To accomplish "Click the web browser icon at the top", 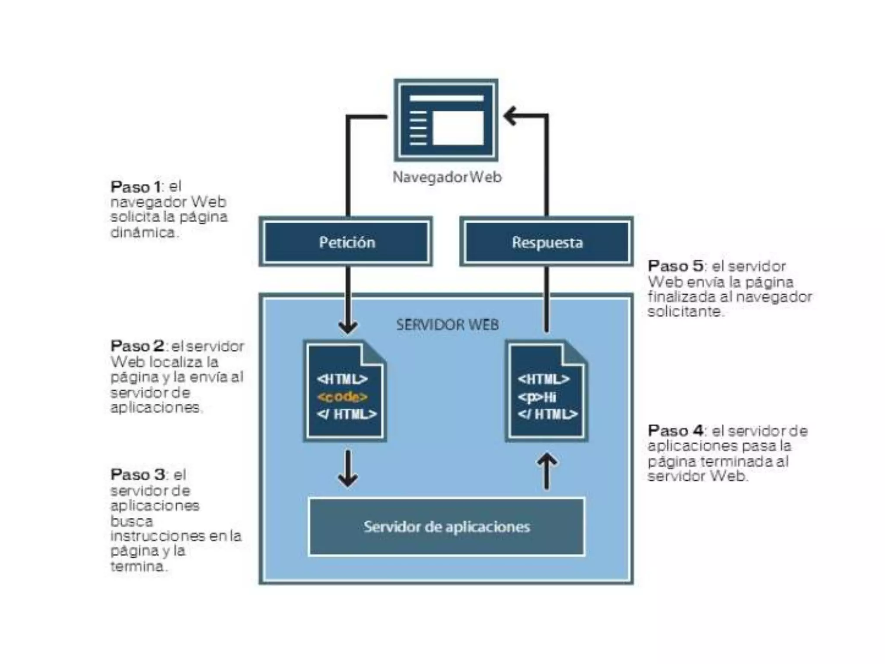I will (446, 120).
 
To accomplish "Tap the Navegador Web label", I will (447, 177).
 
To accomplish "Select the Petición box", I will (346, 242).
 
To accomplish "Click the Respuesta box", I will (547, 242).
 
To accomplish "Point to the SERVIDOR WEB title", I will (447, 325).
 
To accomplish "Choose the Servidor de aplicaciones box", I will (446, 527).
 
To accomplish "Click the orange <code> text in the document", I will (342, 397).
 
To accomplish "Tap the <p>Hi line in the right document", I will (537, 397).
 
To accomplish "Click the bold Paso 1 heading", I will (136, 187).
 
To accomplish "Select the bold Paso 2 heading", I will (137, 346).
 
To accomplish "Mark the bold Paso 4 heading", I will (675, 431).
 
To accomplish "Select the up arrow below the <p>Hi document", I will (547, 469).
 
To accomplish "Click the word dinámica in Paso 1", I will (143, 233).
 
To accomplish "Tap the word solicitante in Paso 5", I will (685, 312).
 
